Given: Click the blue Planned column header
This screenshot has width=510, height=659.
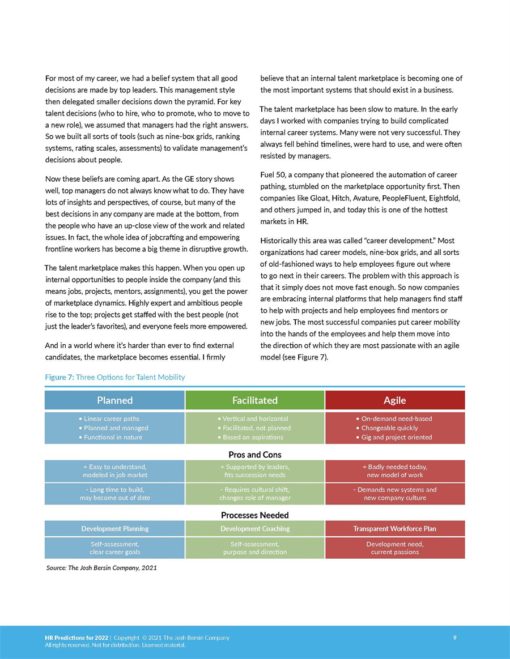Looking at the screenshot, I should point(114,400).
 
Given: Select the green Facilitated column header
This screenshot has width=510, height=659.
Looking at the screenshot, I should point(254,400).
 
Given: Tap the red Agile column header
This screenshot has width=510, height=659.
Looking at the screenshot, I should point(394,400).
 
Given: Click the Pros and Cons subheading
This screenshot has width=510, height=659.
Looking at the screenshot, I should point(254,455).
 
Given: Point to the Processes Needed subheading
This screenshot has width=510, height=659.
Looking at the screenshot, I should point(254,515).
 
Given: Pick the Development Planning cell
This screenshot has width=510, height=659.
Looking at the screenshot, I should point(114,529).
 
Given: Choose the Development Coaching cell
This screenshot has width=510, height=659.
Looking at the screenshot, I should point(254,529).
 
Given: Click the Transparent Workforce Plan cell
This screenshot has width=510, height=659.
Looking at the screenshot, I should point(394,529).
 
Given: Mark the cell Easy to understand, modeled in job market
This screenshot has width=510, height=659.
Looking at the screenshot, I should point(114,471).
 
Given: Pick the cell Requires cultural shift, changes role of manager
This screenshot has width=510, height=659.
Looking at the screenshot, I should point(254,494).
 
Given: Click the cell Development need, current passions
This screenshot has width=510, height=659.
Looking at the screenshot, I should point(394,548).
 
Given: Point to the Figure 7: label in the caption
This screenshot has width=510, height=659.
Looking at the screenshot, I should point(59,377).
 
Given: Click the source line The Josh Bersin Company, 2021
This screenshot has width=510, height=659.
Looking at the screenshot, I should point(101,568).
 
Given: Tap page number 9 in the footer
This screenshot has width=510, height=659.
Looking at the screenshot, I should point(455,638).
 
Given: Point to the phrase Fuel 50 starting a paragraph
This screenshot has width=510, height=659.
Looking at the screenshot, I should point(271,174).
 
